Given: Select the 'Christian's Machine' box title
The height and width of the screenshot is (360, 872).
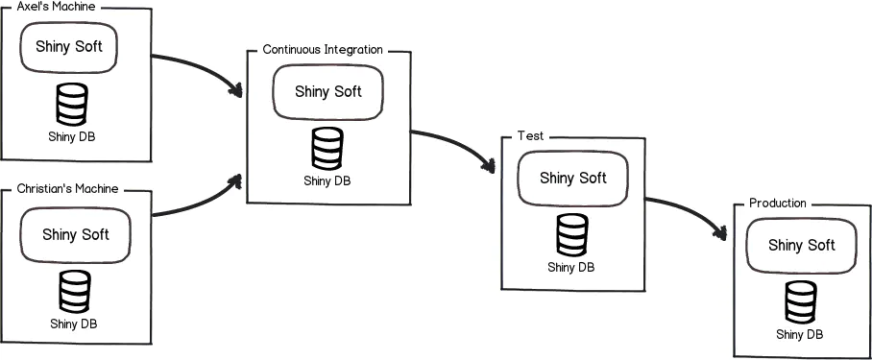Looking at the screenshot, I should pos(67,189).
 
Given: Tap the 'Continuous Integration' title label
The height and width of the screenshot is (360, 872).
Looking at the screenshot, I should pos(323,49).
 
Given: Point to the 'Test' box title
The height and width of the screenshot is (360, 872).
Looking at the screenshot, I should pos(530,136).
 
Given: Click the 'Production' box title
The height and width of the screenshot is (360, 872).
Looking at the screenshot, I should pos(777,204).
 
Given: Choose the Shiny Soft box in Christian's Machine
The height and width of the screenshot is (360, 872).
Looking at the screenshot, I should pos(75,234).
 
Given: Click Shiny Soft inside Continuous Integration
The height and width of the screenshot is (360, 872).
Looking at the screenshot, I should pos(328,92).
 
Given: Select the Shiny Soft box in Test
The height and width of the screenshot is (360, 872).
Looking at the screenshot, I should pos(573,179).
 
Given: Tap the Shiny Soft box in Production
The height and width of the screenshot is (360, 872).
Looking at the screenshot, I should pos(801,245).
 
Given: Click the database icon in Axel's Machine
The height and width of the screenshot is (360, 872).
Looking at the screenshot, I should pos(72,105).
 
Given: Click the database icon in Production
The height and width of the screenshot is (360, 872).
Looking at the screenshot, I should pos(801,302).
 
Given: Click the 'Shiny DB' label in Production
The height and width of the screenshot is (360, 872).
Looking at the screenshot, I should pos(800,334).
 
